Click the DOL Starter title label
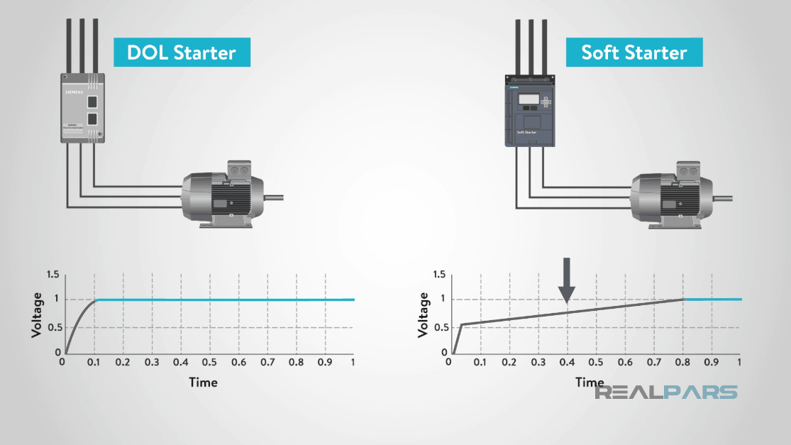[182, 53]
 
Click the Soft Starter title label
[634, 53]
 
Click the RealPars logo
[665, 392]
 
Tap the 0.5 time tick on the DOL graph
[209, 363]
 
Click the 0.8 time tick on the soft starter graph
[683, 363]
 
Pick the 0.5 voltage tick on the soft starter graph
[440, 328]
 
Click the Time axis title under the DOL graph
[203, 383]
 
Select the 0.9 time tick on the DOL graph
[325, 363]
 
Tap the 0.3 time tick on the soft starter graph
[538, 363]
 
